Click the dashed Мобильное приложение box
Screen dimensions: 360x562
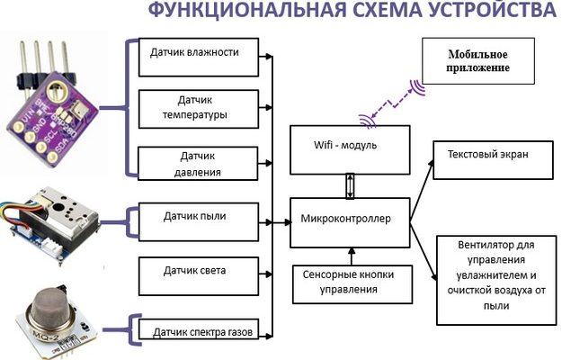(x=479, y=63)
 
